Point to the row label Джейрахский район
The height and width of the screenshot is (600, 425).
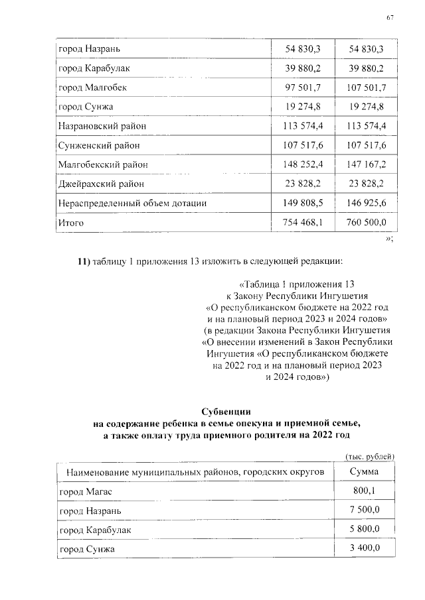click(101, 184)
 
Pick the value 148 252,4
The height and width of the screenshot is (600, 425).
click(303, 164)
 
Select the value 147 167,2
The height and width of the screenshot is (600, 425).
click(363, 164)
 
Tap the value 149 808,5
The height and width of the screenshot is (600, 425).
click(303, 203)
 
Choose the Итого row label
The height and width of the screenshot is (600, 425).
click(71, 223)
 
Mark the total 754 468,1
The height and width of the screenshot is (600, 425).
click(303, 223)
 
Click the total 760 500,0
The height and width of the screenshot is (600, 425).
click(363, 223)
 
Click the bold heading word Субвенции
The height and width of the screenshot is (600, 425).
click(228, 412)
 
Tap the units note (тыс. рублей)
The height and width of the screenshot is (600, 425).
click(371, 456)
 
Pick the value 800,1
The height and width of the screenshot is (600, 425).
click(365, 491)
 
